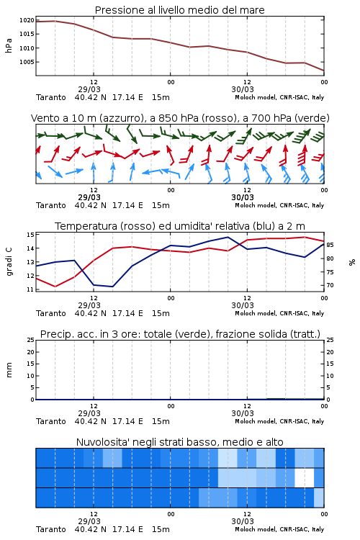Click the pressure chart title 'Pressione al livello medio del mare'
[x=179, y=10]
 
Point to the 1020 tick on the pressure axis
[x=27, y=20]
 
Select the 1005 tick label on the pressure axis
[x=27, y=62]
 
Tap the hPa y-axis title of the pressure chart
[x=9, y=45]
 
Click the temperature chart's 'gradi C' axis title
[x=9, y=262]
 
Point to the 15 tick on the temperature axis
[x=30, y=235]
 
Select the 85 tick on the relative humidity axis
[x=330, y=245]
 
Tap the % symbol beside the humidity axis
[x=352, y=262]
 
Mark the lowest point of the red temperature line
[x=55, y=287]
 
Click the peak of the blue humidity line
[x=228, y=237]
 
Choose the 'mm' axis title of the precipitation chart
[x=9, y=370]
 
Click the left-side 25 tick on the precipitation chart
[x=31, y=340]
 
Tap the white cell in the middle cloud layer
[x=304, y=477]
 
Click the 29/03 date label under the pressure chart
[x=89, y=89]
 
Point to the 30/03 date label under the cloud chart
[x=243, y=521]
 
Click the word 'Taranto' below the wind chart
[x=51, y=206]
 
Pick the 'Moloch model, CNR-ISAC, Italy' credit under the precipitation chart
[x=279, y=421]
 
